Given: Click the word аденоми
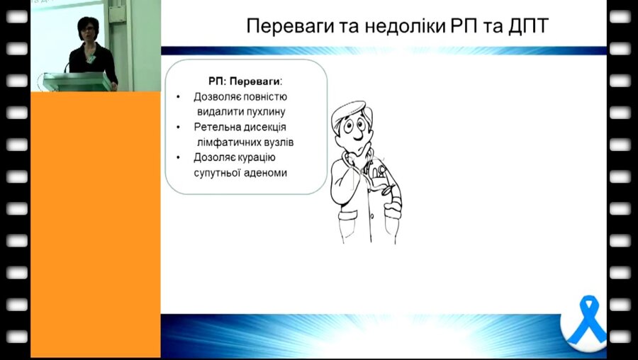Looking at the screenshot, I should coord(266,172).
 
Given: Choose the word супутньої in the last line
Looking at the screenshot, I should coord(217,172).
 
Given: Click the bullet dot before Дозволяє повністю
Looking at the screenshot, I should coord(178,96).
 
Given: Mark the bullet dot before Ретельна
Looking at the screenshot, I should coord(178,127).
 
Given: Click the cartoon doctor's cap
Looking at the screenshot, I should coord(351,110).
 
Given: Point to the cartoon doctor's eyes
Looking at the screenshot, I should coord(352,128).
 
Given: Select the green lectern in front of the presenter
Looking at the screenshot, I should coord(77,81).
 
